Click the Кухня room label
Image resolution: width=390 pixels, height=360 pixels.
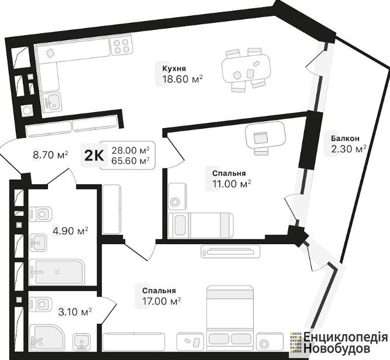(x=174, y=68)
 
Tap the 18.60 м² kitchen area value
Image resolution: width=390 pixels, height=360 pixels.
(x=182, y=79)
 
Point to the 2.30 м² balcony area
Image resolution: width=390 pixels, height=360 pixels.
(x=348, y=149)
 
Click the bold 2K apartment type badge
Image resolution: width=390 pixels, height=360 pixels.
(x=94, y=156)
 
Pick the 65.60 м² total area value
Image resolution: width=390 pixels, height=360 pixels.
(x=130, y=161)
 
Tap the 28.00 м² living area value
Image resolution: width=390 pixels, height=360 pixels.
(x=130, y=150)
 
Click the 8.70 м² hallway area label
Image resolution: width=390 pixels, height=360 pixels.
(x=50, y=155)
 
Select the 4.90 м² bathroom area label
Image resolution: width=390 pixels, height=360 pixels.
(x=70, y=231)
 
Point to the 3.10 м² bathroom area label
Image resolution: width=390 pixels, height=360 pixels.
(x=75, y=311)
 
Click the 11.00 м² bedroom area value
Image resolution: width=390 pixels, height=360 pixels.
(x=232, y=184)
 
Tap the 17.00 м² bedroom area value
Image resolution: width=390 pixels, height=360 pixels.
(x=161, y=301)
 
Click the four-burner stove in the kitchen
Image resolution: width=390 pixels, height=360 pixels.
(x=122, y=46)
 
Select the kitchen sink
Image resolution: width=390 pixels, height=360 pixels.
(x=51, y=102)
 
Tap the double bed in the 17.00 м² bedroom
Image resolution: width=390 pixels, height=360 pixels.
(x=230, y=317)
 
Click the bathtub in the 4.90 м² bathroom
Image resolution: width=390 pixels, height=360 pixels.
(x=57, y=272)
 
